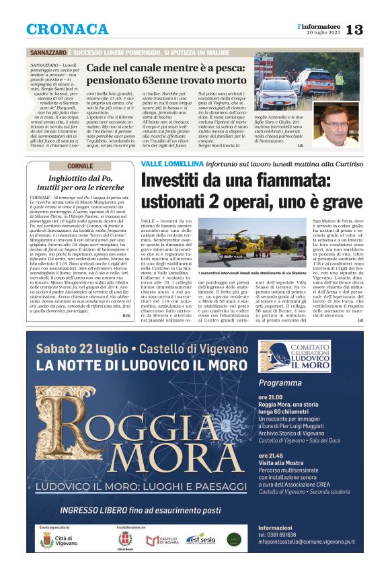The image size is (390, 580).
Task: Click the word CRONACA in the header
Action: (67, 30)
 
